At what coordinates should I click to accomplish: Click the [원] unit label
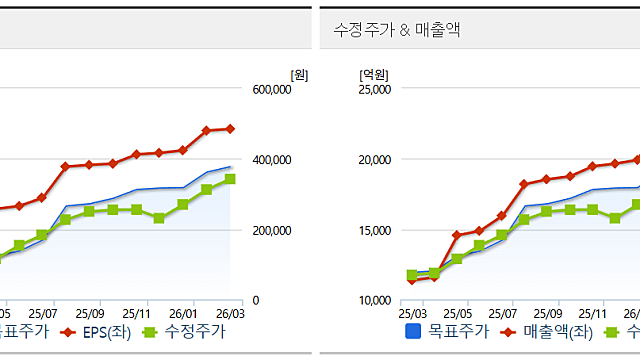(298, 74)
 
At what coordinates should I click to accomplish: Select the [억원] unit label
(373, 74)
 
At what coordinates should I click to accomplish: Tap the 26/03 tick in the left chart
(231, 312)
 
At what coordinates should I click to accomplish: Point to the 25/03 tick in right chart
(411, 312)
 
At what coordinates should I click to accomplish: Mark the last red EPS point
(230, 129)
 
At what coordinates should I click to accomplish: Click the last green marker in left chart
(230, 179)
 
